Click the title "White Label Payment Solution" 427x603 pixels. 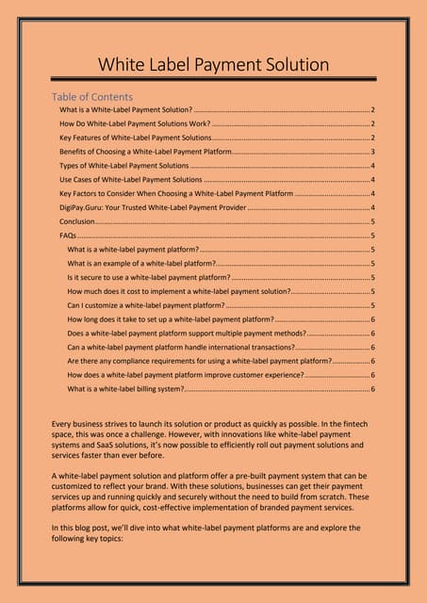[x=214, y=65]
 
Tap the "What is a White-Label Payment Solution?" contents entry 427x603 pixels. [x=125, y=110]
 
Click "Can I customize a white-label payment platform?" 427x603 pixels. [x=146, y=305]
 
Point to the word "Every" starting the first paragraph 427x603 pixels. [x=63, y=423]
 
